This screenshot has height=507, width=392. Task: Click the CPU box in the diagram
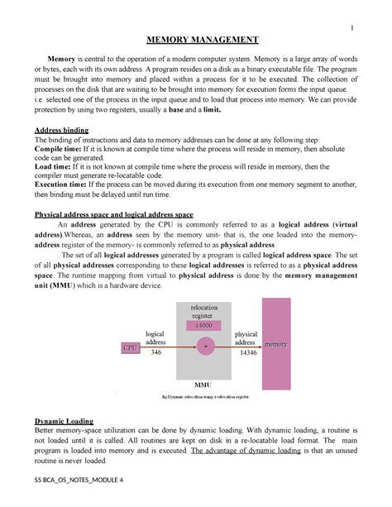click(131, 347)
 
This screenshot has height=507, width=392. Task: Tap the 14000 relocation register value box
click(203, 325)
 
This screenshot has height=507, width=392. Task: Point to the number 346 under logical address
click(155, 352)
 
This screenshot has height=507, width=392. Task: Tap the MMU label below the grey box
click(203, 385)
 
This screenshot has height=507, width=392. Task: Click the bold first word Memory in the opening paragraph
click(60, 61)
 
